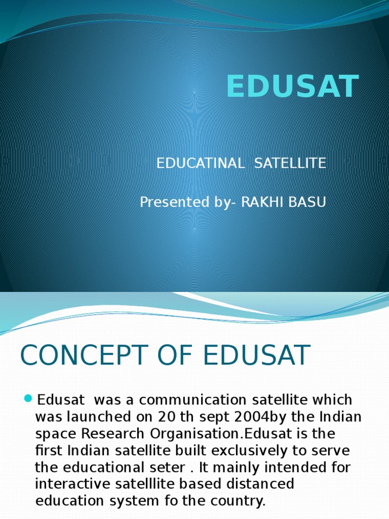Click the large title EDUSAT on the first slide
(292, 87)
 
